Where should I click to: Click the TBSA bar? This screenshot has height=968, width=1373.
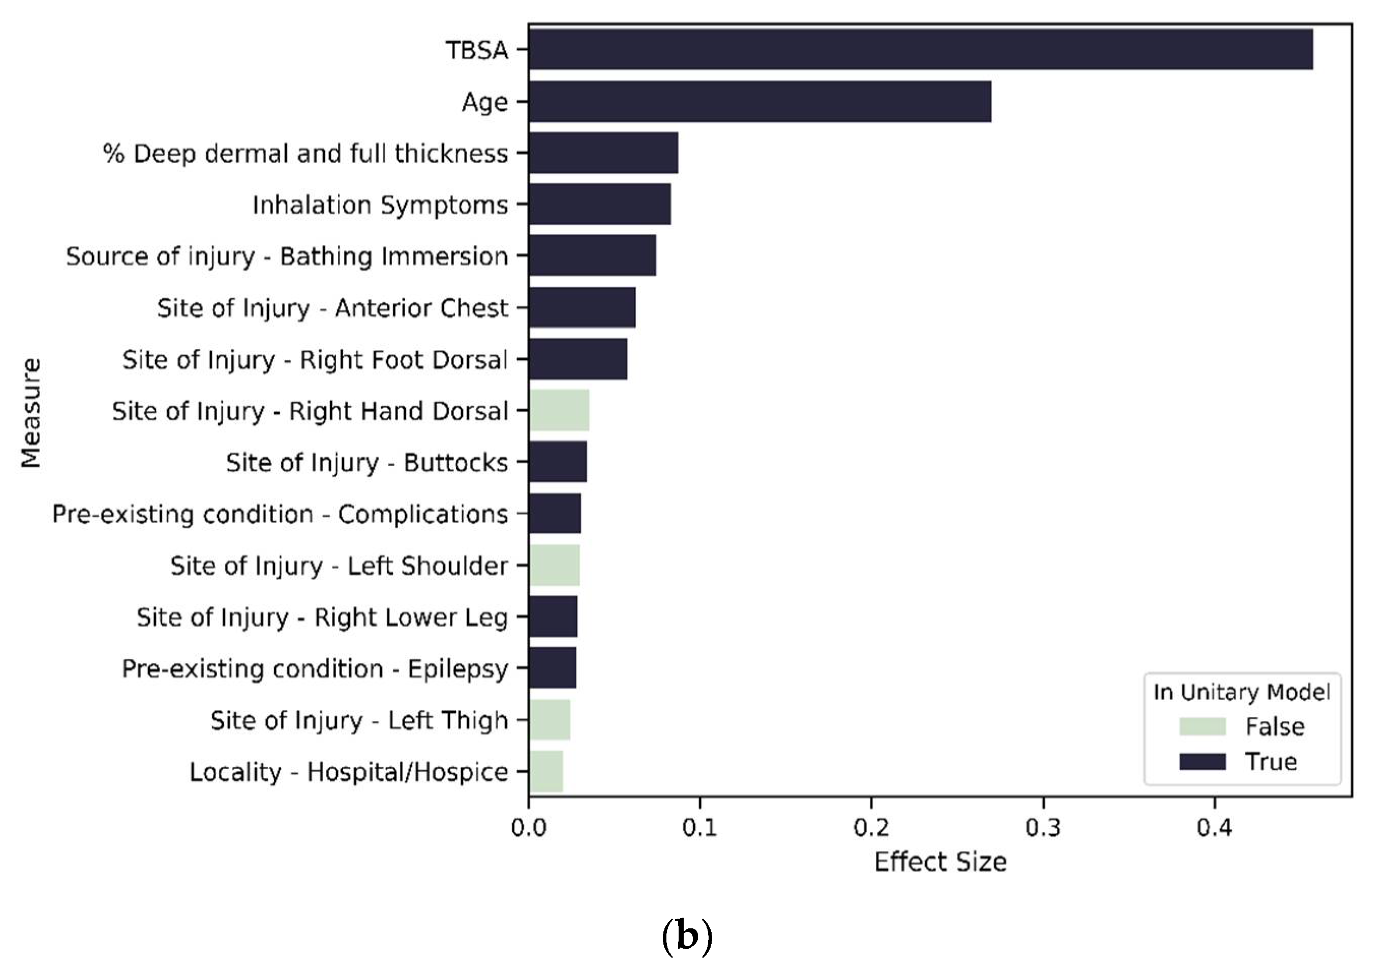coord(921,50)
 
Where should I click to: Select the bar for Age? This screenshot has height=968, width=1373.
coord(759,102)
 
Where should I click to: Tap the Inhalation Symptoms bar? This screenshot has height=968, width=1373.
coord(600,204)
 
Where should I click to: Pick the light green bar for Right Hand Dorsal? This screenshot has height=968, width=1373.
coord(559,411)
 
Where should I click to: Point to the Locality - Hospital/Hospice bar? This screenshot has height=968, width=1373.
coord(546,772)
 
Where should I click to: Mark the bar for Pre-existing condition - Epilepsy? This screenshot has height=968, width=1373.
coord(553,669)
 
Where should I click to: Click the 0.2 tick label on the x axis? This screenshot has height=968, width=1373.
coord(871,828)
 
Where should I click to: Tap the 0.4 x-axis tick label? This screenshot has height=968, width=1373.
coord(1214,828)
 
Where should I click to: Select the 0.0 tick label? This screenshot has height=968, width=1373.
coord(529,828)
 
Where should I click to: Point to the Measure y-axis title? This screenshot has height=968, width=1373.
coord(31,412)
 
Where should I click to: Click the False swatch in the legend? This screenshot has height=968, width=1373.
coord(1202,727)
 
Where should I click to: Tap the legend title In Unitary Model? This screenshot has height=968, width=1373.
coord(1241,692)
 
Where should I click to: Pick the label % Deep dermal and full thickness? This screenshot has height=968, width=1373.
coord(306,154)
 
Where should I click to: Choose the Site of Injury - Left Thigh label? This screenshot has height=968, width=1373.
coord(359,720)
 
